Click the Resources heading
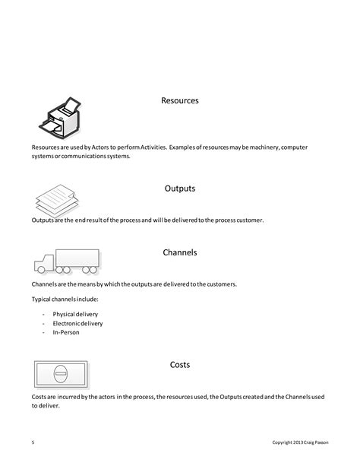(x=180, y=100)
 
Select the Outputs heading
(x=180, y=188)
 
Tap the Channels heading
(x=180, y=252)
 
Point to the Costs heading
(x=180, y=365)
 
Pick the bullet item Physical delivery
(x=75, y=314)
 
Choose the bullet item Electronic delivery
(x=77, y=323)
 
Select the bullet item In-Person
(x=66, y=332)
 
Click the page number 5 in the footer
(x=33, y=442)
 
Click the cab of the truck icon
(x=43, y=263)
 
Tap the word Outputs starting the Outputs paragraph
(x=43, y=220)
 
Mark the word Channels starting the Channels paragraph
(x=46, y=284)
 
